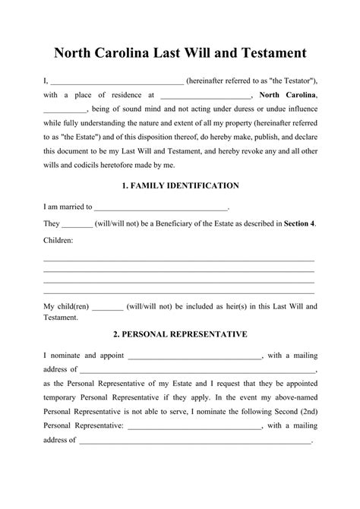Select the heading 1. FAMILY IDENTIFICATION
click(180, 185)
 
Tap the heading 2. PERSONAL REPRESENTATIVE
click(180, 334)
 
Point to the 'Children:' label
click(58, 240)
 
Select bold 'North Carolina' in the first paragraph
click(288, 95)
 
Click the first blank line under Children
click(179, 259)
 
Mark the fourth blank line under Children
click(179, 292)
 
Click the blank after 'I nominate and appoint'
click(195, 355)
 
